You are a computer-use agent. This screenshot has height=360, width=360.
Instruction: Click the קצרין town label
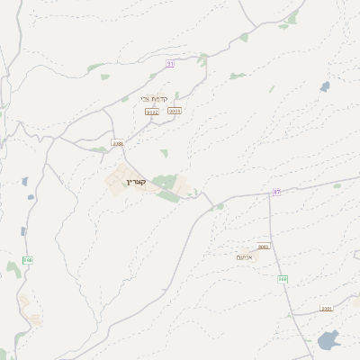142,182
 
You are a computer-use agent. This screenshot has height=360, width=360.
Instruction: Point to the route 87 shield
276,192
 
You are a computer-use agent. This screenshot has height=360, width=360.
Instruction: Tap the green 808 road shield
283,278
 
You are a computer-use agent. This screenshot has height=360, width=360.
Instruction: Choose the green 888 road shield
28,260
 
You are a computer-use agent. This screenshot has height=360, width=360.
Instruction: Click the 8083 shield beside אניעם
264,246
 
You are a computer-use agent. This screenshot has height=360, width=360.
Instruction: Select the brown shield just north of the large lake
326,309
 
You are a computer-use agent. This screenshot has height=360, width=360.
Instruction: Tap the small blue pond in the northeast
324,87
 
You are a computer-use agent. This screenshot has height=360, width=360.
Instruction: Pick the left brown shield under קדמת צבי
152,112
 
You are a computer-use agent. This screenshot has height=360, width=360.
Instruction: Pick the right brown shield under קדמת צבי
175,111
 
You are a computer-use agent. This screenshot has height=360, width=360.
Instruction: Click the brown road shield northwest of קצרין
117,143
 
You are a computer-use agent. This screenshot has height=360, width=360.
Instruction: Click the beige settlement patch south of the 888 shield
31,315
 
